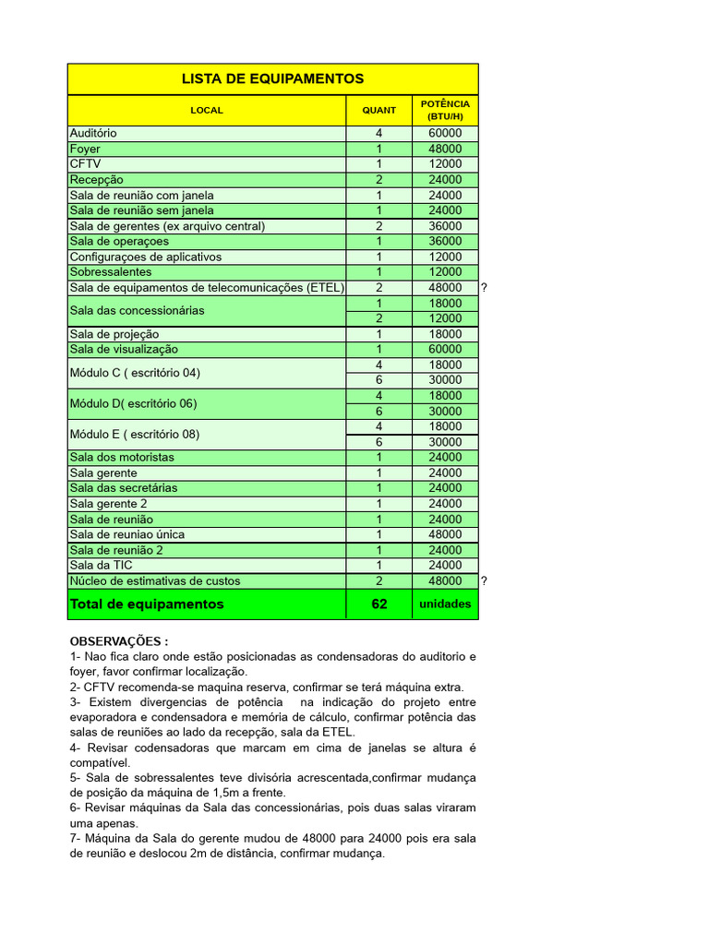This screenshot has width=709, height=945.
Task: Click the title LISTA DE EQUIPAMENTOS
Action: click(272, 78)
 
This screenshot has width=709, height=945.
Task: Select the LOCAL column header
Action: click(207, 110)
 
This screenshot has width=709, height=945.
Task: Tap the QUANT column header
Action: click(379, 110)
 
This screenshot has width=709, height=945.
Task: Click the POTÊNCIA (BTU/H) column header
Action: click(445, 111)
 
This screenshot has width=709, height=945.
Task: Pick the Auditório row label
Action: click(93, 133)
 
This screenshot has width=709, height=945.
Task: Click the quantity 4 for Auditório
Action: click(379, 133)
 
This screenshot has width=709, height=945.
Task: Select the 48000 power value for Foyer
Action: click(445, 149)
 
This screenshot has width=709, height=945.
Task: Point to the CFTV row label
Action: click(85, 163)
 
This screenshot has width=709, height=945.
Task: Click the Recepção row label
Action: click(96, 179)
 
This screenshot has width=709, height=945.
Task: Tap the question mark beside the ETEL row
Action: click(484, 288)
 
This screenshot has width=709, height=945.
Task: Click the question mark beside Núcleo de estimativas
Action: click(484, 580)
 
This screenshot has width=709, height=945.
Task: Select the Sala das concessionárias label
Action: click(137, 310)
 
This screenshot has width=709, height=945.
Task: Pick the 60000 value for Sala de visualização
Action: click(445, 349)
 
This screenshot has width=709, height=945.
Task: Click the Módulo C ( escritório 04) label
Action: click(135, 373)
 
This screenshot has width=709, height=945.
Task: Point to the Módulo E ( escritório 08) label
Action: click(135, 434)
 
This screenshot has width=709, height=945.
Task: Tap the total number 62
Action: click(379, 604)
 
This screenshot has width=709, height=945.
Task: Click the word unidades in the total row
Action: click(445, 604)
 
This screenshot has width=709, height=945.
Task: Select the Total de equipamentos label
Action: click(147, 604)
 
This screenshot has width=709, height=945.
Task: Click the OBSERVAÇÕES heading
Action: click(119, 641)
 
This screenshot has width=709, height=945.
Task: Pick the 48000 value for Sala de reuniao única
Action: click(445, 534)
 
